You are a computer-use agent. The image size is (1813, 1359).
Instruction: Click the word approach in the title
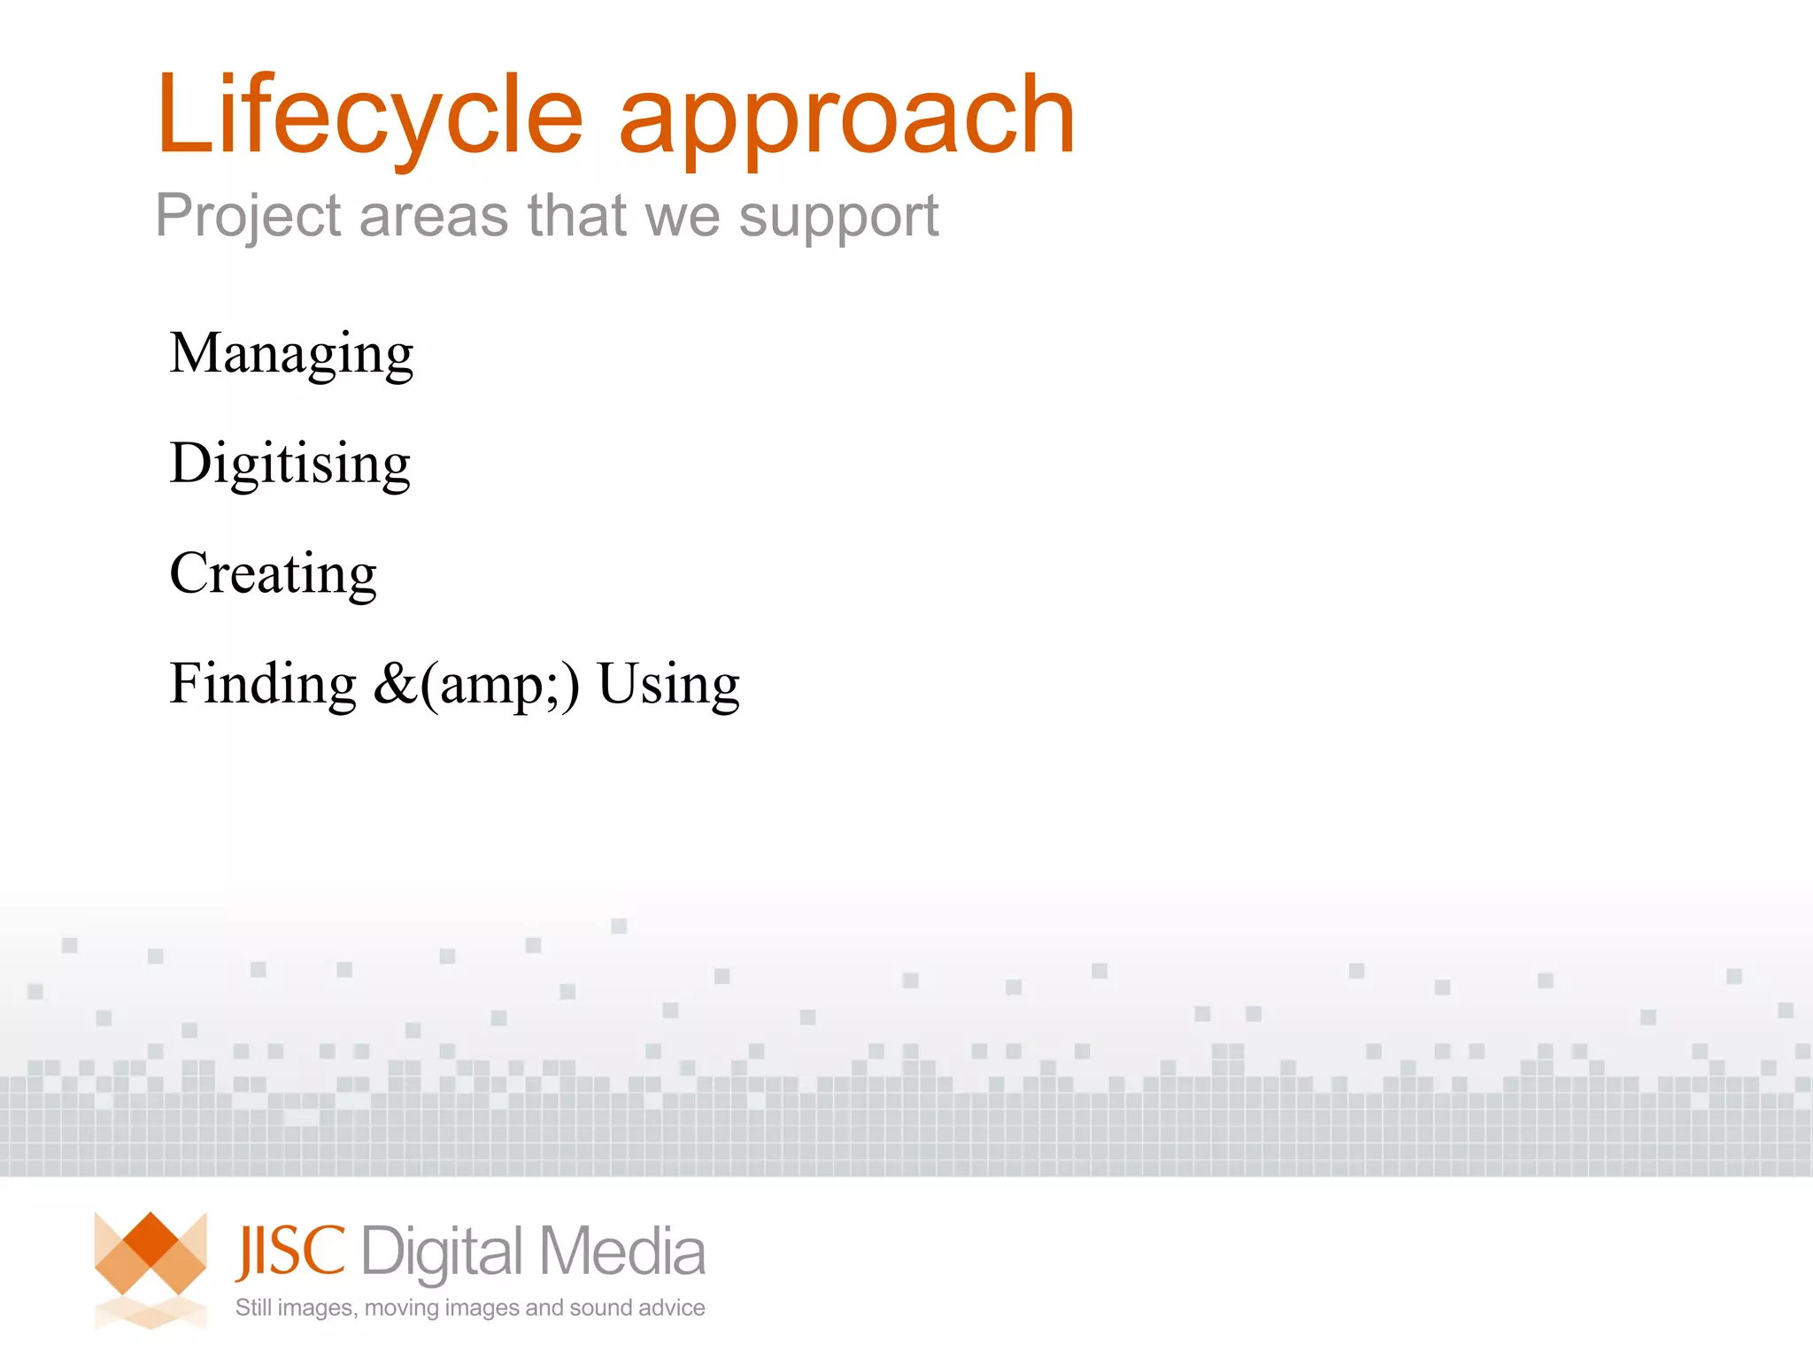[846, 119]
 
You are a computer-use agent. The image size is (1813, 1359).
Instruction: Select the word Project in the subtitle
[248, 216]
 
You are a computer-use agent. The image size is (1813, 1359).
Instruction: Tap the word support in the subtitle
[838, 218]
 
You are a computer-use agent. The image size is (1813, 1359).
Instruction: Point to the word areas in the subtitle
[434, 216]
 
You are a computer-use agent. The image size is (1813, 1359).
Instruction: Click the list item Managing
[291, 354]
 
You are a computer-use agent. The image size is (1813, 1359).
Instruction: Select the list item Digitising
[290, 464]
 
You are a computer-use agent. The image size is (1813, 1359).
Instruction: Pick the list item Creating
[273, 573]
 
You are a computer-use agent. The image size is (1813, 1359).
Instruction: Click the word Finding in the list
[263, 684]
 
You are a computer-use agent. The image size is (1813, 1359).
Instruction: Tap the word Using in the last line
[668, 684]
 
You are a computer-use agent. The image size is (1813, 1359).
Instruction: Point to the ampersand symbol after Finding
[394, 684]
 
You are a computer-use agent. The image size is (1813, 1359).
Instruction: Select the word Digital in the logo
[443, 1253]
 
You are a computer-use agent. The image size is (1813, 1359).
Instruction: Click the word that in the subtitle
[578, 216]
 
